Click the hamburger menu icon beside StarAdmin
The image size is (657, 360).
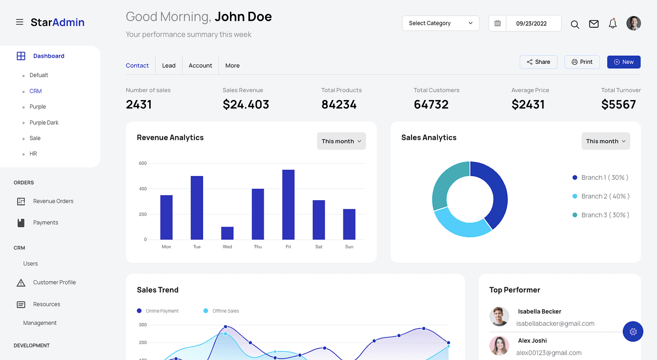pyautogui.click(x=19, y=22)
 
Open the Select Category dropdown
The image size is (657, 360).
pyautogui.click(x=440, y=23)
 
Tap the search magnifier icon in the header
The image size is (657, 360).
pyautogui.click(x=574, y=24)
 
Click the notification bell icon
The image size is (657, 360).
pyautogui.click(x=612, y=24)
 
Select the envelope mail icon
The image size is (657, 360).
pyautogui.click(x=594, y=24)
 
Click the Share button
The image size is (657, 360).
pyautogui.click(x=538, y=62)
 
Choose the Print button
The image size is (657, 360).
pyautogui.click(x=582, y=62)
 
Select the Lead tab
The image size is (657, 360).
pyautogui.click(x=168, y=66)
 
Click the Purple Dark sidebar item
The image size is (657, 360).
pyautogui.click(x=44, y=123)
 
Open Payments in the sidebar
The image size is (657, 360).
pyautogui.click(x=46, y=222)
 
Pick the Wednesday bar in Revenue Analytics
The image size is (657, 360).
pyautogui.click(x=227, y=233)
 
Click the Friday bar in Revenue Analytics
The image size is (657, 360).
pyautogui.click(x=288, y=205)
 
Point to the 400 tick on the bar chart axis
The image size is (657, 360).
pyautogui.click(x=143, y=189)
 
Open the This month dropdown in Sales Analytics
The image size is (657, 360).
pyautogui.click(x=605, y=141)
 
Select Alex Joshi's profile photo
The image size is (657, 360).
pyautogui.click(x=499, y=345)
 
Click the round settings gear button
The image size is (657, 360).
pyautogui.click(x=633, y=331)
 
